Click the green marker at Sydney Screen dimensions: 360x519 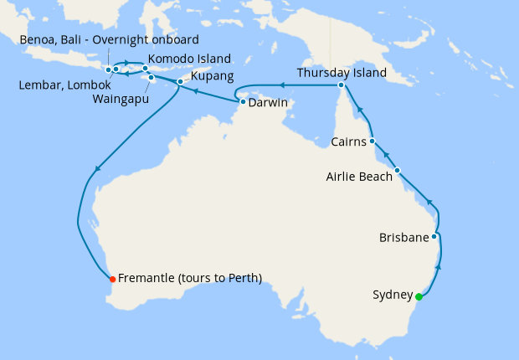click(x=418, y=295)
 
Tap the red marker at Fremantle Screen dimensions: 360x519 click(x=111, y=278)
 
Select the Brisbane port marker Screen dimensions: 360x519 click(x=434, y=237)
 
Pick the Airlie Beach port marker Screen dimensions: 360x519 click(x=398, y=171)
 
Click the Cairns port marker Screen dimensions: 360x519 click(x=372, y=141)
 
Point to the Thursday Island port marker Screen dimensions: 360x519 click(x=342, y=85)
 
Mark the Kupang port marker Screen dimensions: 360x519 click(x=180, y=82)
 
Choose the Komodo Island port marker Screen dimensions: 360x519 click(x=145, y=69)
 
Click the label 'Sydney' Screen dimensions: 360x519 click(x=392, y=295)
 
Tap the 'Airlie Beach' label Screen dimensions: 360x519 click(x=357, y=177)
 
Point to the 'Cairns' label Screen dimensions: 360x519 click(x=347, y=141)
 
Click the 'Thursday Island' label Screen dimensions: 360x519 click(x=342, y=73)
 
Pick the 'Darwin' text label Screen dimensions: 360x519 click(x=268, y=102)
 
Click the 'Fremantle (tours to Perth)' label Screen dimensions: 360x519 click(x=190, y=278)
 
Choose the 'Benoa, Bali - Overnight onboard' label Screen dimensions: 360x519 click(x=110, y=39)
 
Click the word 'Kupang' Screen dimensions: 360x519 click(x=213, y=76)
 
